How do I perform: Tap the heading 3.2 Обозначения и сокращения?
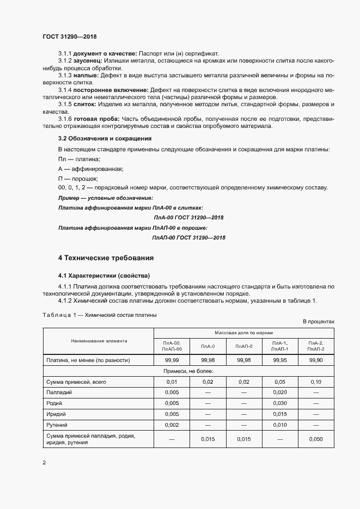[x=105, y=138]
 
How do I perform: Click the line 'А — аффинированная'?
[x=90, y=168]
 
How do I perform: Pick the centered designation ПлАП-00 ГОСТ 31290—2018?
[x=188, y=237]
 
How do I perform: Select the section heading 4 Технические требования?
[x=106, y=257]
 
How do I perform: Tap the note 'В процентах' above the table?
[x=319, y=322]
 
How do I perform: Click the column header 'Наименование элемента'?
[x=99, y=341]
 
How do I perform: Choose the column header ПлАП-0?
[x=243, y=346]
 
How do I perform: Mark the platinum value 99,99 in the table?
[x=172, y=360]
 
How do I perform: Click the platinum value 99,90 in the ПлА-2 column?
[x=316, y=360]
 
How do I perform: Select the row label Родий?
[x=55, y=403]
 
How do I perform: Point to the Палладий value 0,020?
[x=279, y=392]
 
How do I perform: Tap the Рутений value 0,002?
[x=172, y=424]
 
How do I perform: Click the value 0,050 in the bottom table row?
[x=316, y=439]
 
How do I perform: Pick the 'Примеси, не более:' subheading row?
[x=188, y=371]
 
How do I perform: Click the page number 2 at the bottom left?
[x=44, y=463]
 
